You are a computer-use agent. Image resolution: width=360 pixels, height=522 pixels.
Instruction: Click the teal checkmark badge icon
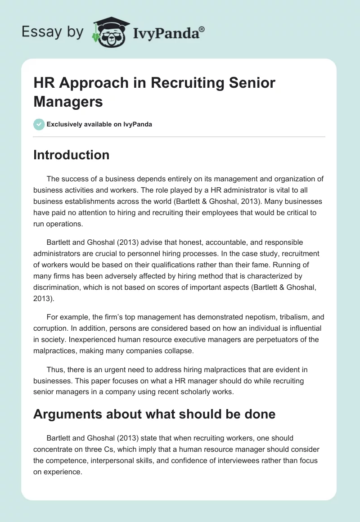(39, 124)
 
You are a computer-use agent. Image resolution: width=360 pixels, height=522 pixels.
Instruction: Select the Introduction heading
(71, 155)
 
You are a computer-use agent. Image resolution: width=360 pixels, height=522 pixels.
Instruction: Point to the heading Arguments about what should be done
(154, 414)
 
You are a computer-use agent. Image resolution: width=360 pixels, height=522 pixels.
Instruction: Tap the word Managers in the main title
(68, 101)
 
